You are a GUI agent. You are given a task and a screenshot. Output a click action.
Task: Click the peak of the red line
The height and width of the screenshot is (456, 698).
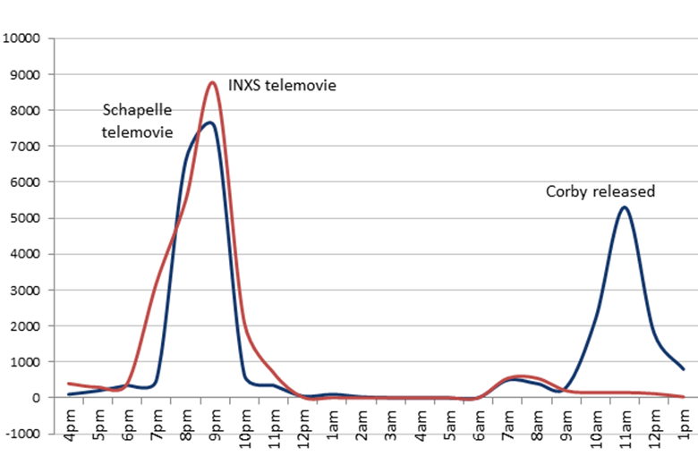click(x=212, y=82)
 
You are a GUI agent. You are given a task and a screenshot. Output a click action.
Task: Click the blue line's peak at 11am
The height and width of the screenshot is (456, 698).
click(x=624, y=207)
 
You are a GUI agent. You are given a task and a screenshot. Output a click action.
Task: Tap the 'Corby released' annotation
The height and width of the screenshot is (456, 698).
click(x=600, y=191)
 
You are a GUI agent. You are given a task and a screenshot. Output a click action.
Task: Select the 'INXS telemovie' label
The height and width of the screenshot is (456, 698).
click(x=282, y=85)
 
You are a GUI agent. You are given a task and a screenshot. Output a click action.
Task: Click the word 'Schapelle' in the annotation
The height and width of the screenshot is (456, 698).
click(x=137, y=110)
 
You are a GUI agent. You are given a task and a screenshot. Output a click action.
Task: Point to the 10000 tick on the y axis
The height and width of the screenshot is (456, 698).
click(x=23, y=38)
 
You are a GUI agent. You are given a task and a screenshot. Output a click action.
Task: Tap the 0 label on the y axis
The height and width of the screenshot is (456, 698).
click(x=38, y=398)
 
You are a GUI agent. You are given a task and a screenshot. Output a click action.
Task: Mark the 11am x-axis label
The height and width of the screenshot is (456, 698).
click(x=626, y=433)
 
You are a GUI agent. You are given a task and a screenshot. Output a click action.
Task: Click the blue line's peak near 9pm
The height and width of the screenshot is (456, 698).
click(x=208, y=122)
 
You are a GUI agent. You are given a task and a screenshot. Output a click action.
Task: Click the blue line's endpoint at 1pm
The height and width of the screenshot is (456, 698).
click(x=684, y=369)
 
